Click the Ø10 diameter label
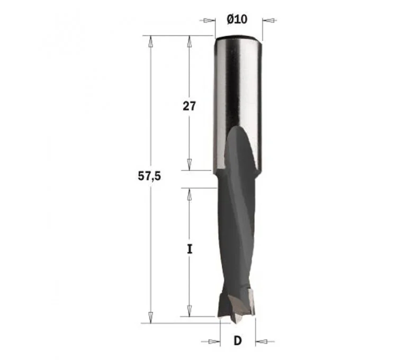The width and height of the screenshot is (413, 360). (x=237, y=19)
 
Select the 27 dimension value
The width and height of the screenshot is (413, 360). (x=190, y=106)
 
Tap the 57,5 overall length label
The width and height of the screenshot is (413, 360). (x=149, y=176)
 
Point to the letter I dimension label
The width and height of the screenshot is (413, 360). (x=190, y=249)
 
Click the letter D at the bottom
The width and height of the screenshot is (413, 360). (x=237, y=341)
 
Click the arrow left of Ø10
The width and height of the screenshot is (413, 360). (x=208, y=20)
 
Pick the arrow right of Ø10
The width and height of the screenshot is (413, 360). (x=269, y=20)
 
